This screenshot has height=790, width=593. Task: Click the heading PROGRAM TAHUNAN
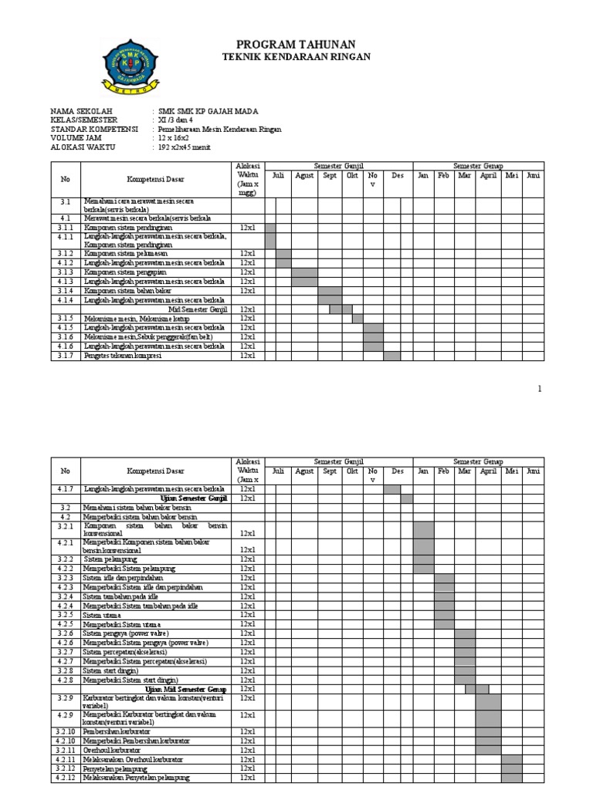[296, 44]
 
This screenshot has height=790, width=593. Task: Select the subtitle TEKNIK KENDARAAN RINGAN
[296, 57]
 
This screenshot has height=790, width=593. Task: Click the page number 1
[540, 389]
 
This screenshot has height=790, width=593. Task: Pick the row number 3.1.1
[66, 228]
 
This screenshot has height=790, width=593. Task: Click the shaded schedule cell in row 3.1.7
[392, 356]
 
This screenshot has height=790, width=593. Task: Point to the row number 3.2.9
[66, 698]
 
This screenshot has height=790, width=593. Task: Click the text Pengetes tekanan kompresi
[123, 356]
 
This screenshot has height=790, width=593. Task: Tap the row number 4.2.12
[66, 778]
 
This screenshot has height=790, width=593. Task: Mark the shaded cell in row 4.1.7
[392, 489]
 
